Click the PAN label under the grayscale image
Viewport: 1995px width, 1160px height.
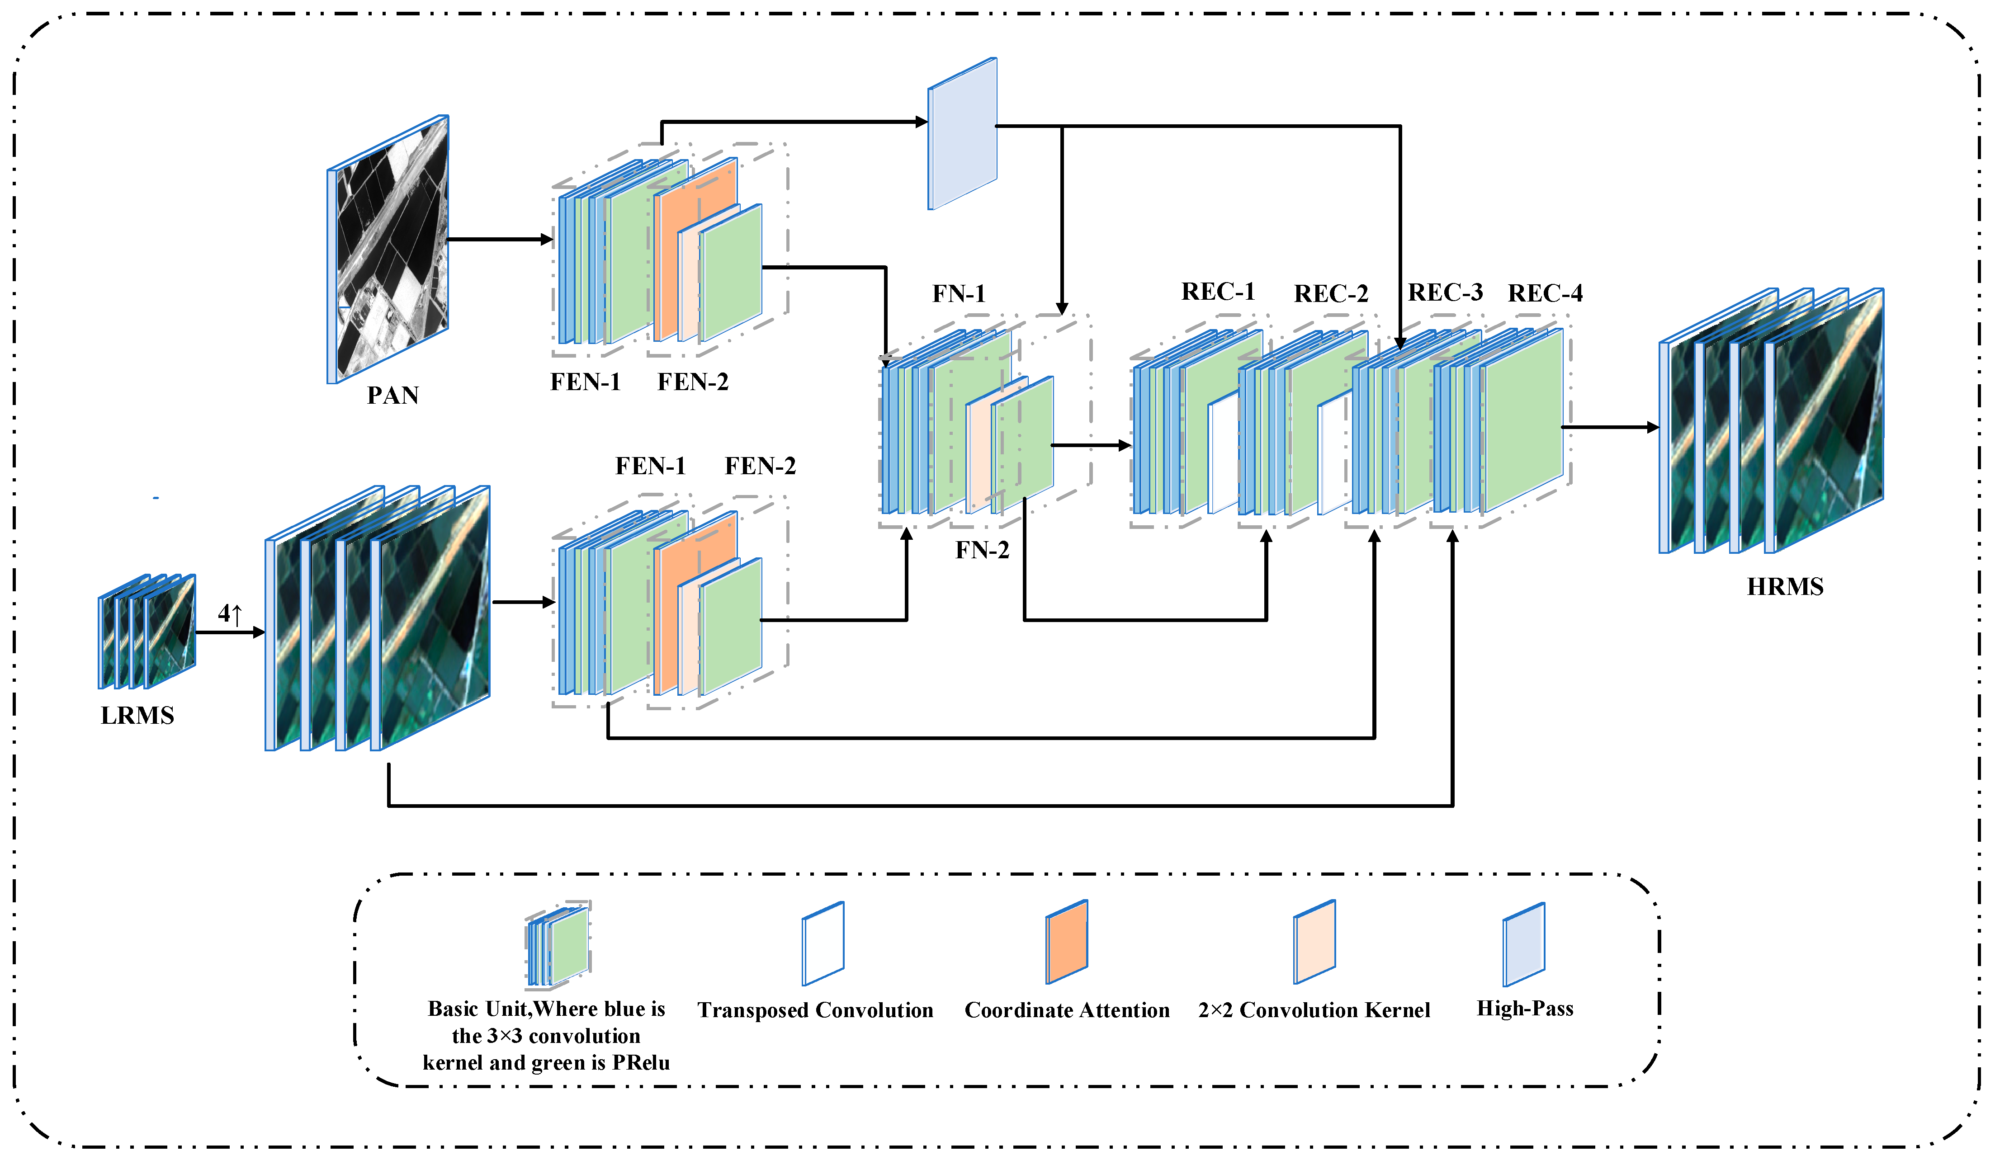[392, 395]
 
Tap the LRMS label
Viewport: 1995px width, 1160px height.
[137, 715]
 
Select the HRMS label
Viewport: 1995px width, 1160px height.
[1784, 586]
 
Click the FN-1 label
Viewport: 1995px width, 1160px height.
[958, 293]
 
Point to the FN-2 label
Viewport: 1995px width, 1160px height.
[982, 550]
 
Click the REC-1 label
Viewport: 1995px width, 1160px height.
[1218, 292]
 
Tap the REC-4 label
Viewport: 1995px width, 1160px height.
[1545, 293]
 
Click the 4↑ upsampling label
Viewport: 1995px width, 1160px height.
[230, 613]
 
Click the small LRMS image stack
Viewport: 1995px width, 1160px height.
[147, 631]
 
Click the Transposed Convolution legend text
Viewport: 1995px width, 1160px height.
[815, 1010]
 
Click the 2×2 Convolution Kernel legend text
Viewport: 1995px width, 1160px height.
[1314, 1010]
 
